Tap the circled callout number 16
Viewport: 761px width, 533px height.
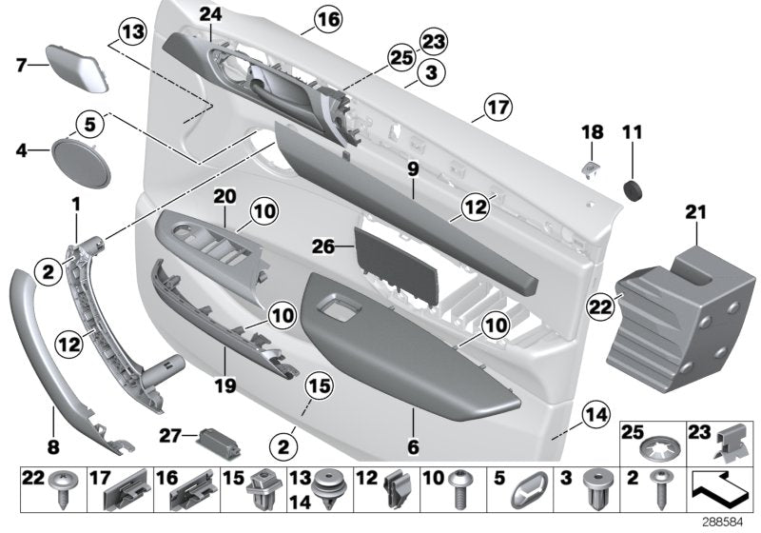[302, 18]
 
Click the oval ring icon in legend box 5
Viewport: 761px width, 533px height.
[524, 492]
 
